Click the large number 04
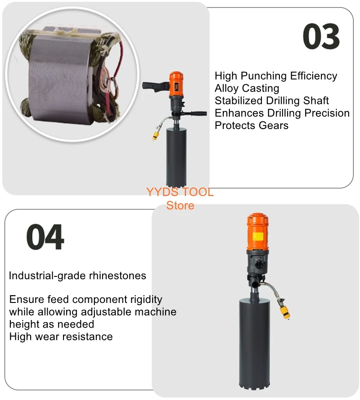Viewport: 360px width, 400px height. (x=45, y=237)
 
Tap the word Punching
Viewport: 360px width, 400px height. (x=264, y=76)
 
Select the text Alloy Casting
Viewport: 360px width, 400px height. (x=247, y=88)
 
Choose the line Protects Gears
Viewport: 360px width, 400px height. (x=251, y=125)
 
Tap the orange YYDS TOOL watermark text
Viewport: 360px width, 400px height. (x=180, y=192)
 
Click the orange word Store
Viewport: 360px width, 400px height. (x=180, y=205)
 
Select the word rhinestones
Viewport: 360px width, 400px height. (x=119, y=276)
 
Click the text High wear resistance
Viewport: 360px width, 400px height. (x=61, y=336)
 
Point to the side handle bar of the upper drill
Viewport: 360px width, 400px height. (x=196, y=113)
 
